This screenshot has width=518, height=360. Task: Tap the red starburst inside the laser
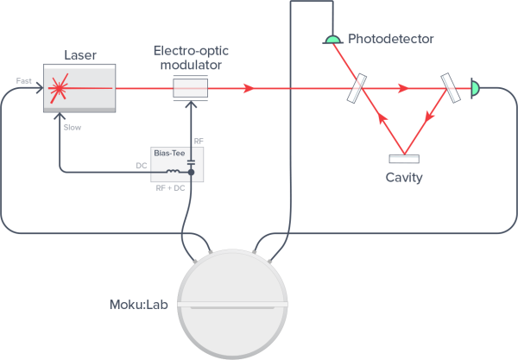click(x=60, y=88)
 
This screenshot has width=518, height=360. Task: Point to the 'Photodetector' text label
click(x=390, y=39)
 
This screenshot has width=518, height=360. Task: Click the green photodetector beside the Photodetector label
click(x=332, y=39)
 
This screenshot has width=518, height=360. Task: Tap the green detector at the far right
click(x=476, y=87)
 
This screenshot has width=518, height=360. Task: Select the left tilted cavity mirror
click(x=357, y=88)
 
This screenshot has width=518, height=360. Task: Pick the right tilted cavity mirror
click(x=451, y=88)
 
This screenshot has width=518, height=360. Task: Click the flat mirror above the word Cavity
click(x=404, y=158)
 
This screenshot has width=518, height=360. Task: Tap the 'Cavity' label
click(x=404, y=178)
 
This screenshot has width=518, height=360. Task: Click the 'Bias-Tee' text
click(x=167, y=151)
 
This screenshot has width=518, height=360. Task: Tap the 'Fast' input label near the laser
click(x=24, y=81)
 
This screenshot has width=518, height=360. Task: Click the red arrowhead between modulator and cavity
click(x=250, y=88)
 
